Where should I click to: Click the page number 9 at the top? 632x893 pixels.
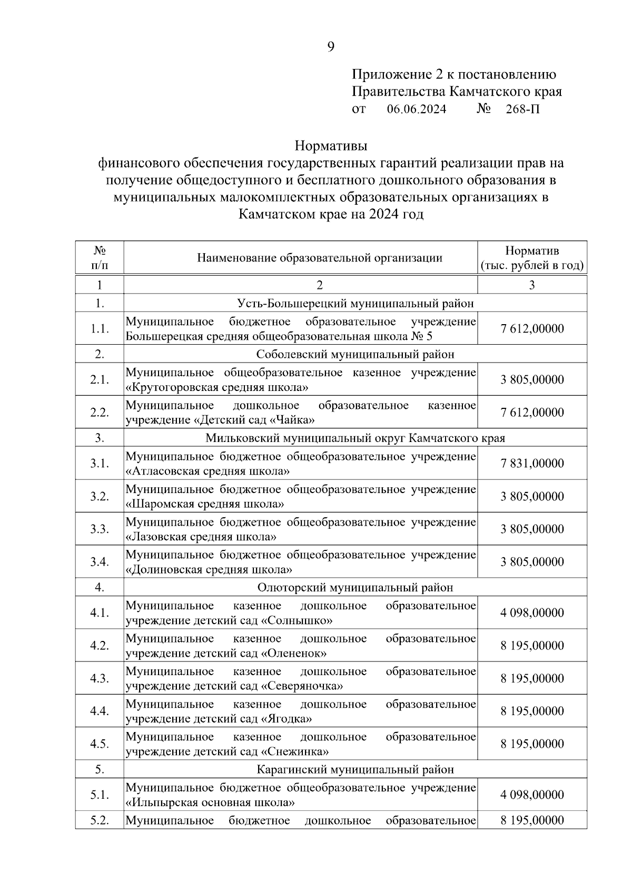(x=330, y=47)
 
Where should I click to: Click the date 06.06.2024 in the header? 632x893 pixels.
(x=416, y=109)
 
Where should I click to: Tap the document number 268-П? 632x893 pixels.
(x=522, y=109)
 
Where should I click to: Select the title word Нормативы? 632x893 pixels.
(x=331, y=144)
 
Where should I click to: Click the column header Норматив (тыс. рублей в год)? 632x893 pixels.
(x=532, y=258)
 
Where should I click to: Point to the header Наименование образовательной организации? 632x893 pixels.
(x=320, y=258)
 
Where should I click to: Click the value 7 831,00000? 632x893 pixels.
(x=532, y=464)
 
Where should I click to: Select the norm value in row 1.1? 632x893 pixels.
(x=532, y=329)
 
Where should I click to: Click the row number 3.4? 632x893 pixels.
(x=99, y=562)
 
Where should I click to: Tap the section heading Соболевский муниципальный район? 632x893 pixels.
(x=355, y=355)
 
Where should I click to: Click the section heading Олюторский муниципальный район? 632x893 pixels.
(x=355, y=587)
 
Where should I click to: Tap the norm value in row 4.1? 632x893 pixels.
(x=532, y=613)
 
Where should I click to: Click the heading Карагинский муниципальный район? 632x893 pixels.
(x=355, y=770)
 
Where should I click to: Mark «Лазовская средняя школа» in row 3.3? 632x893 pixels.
(x=201, y=537)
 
